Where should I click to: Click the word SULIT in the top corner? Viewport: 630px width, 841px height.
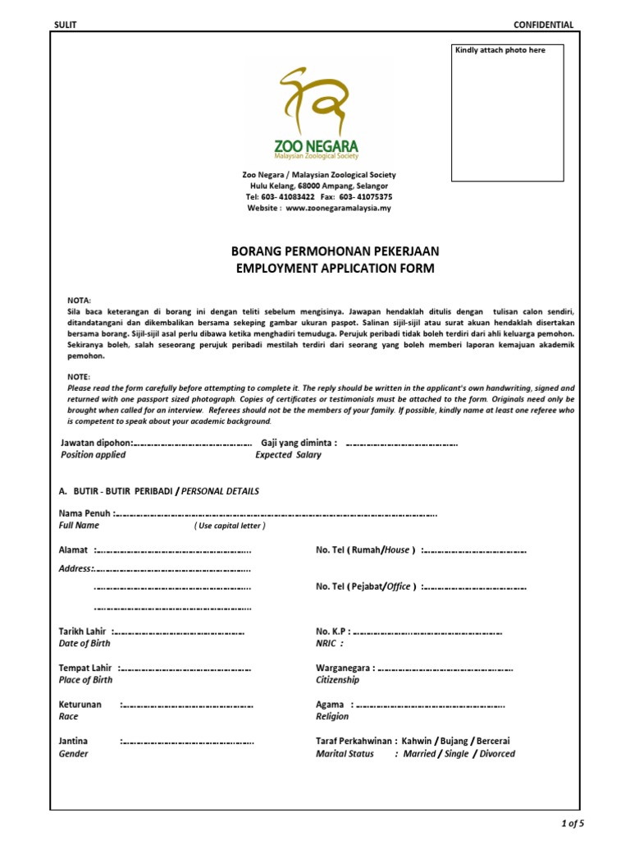click(x=65, y=25)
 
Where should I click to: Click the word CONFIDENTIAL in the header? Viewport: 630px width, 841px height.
click(x=543, y=25)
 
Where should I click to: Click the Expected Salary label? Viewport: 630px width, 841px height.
click(x=288, y=454)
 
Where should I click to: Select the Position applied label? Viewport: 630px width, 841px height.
click(x=93, y=454)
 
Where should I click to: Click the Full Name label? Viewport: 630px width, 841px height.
click(x=79, y=525)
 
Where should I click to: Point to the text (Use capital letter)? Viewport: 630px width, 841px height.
click(x=230, y=526)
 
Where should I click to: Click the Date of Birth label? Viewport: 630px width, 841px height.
click(x=86, y=644)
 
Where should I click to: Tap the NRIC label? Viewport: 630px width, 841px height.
click(x=329, y=644)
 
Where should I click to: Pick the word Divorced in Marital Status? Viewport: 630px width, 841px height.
click(x=498, y=753)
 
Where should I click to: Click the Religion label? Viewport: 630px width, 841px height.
click(x=332, y=716)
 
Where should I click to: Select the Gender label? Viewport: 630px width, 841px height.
click(x=74, y=753)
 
